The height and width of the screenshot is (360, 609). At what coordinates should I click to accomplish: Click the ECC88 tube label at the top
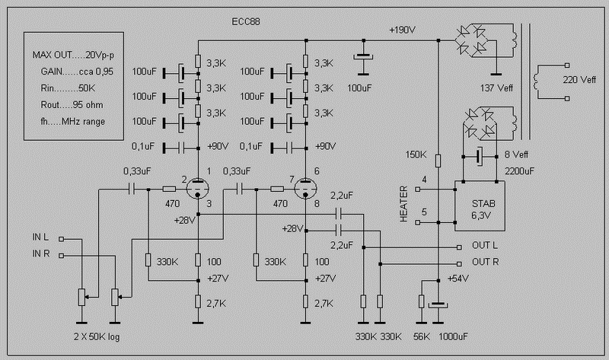pos(245,21)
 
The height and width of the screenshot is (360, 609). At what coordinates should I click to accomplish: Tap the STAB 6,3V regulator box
pos(480,205)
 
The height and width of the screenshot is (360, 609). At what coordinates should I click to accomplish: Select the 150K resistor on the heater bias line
pos(438,161)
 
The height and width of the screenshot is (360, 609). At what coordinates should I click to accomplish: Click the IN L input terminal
pos(61,239)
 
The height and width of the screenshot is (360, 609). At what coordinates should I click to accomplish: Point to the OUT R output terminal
pos(459,264)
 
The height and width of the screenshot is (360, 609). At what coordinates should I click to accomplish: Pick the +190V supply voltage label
pos(403,30)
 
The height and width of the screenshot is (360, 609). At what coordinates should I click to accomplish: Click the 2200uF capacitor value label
pos(519,171)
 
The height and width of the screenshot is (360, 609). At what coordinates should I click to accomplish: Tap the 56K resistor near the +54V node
pos(422,301)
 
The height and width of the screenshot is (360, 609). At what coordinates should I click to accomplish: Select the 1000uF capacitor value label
pos(453,336)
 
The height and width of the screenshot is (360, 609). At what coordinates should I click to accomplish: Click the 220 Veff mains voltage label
pos(579,80)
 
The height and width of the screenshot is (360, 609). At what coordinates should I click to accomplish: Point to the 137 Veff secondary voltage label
pos(496,88)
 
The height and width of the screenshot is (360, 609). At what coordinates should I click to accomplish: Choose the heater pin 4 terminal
pos(417,189)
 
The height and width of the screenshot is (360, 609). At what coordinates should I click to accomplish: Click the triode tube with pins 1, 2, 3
pos(198,189)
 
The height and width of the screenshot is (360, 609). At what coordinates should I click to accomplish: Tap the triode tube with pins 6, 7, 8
pos(306,189)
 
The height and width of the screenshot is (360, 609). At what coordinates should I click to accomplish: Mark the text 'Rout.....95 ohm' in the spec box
pos(72,105)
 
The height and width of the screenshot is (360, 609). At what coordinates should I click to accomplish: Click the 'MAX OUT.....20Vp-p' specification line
pos(73,55)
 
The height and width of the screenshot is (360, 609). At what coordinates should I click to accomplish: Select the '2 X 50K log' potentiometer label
pos(97,336)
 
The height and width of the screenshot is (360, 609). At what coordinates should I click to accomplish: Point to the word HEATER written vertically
pos(404,204)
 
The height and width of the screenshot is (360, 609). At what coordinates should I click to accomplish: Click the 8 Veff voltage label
pos(516,155)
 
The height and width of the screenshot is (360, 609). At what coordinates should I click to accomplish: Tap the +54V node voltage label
pos(458,279)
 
